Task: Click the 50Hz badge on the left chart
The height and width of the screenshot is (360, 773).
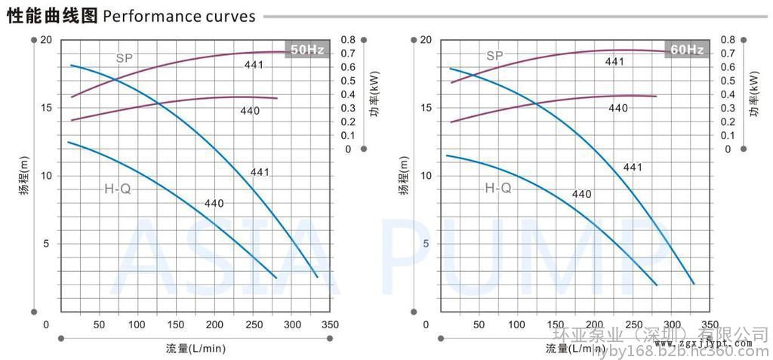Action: (x=307, y=50)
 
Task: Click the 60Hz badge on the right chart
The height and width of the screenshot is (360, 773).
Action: (x=687, y=50)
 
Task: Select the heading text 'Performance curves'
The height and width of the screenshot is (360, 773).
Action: (x=179, y=16)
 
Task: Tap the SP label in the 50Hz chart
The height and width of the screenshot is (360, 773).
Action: (x=125, y=58)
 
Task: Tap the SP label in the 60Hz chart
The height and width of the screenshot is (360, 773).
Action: (x=494, y=55)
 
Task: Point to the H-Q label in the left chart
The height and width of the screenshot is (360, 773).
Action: (x=118, y=189)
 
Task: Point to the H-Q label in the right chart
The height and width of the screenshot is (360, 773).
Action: (x=498, y=188)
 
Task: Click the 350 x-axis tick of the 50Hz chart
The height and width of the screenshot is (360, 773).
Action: (x=330, y=325)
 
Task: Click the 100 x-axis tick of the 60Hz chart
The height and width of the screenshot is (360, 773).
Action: (x=517, y=325)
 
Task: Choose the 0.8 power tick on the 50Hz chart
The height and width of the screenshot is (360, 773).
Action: (x=348, y=39)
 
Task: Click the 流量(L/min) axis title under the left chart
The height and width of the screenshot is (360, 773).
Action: (x=196, y=349)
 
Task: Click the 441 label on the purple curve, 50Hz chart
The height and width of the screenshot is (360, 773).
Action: (x=254, y=65)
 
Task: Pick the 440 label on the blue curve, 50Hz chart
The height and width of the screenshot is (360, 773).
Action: (x=214, y=203)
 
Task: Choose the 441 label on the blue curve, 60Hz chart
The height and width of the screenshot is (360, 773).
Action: (x=633, y=167)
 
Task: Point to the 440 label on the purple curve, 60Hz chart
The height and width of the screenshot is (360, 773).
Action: (x=618, y=108)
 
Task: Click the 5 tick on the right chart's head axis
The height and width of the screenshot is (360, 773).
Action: (x=427, y=244)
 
